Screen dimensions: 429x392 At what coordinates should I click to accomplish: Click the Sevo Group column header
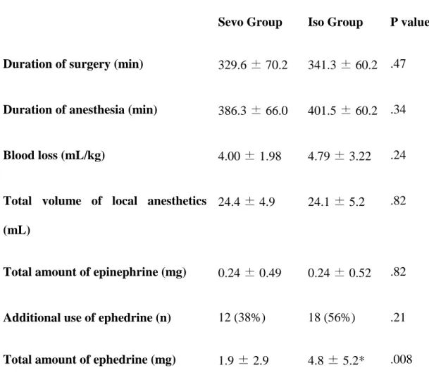250,23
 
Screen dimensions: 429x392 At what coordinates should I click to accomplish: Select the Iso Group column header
335,23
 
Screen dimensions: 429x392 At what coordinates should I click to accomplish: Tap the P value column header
409,22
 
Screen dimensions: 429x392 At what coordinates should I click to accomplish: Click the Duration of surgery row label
73,65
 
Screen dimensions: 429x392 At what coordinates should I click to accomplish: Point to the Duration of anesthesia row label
80,110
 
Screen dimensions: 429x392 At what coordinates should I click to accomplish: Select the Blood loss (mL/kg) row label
54,156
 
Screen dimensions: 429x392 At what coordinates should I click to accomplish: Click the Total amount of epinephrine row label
94,272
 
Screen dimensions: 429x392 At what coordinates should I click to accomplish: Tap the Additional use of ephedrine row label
87,318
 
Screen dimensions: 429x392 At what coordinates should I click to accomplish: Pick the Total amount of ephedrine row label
89,360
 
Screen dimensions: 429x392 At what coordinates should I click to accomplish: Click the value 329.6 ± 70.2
253,65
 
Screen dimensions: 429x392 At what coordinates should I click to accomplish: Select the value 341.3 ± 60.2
342,65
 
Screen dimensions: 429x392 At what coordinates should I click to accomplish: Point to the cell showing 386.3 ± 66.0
253,111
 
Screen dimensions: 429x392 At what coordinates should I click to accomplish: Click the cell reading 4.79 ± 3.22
340,156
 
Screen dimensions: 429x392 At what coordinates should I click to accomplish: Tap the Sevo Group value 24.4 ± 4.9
247,202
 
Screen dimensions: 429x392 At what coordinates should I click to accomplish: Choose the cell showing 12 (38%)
242,317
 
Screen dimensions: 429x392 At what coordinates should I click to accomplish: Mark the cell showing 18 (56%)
332,317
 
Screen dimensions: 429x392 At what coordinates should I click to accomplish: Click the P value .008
401,360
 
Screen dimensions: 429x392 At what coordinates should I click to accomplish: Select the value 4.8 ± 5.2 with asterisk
336,360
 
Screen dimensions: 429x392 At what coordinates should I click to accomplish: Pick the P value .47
398,63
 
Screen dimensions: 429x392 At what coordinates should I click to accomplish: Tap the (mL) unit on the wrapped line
17,231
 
